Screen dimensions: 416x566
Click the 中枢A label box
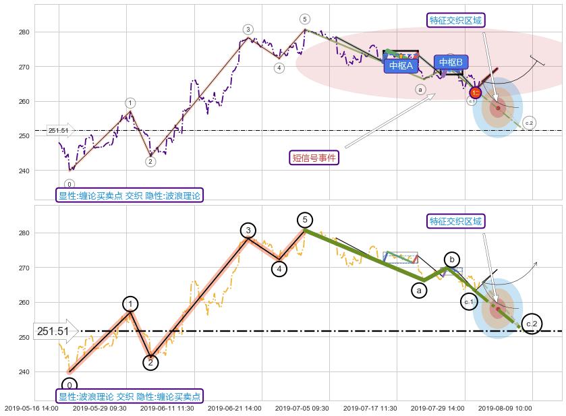click(x=401, y=65)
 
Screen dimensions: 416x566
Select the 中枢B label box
click(x=451, y=63)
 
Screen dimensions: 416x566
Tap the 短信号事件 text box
click(x=314, y=158)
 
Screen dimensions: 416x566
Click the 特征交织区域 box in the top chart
click(x=456, y=20)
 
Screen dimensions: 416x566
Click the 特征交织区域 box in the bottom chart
click(x=456, y=221)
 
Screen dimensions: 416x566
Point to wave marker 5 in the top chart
click(x=305, y=19)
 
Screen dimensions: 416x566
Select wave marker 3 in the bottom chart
click(x=248, y=231)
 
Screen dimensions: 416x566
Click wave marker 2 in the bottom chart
click(x=150, y=363)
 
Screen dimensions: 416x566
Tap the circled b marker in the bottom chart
click(x=451, y=260)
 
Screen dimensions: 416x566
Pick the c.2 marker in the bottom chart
click(x=532, y=324)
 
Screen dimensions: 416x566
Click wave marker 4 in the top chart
click(x=279, y=67)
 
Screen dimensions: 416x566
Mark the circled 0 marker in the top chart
click(x=69, y=184)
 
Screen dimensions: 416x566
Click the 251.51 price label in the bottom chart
click(x=54, y=331)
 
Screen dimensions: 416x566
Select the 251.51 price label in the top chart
click(x=59, y=130)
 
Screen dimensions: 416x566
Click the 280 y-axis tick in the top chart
click(x=25, y=32)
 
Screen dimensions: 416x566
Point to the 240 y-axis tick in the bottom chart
click(x=25, y=372)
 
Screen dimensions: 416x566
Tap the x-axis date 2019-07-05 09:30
click(x=302, y=408)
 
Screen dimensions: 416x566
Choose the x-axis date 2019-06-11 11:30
click(x=167, y=408)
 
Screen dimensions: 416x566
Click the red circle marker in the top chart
click(x=475, y=92)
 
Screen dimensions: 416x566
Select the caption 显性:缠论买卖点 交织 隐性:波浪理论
click(x=129, y=196)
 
